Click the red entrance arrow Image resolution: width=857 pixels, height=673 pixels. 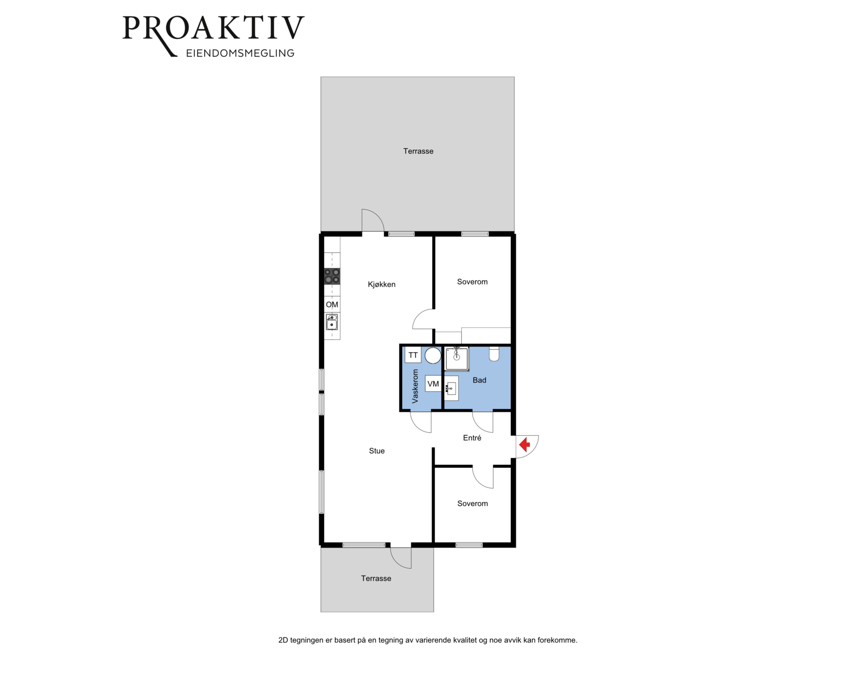pos(524,445)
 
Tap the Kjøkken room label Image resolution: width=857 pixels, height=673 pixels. pos(381,284)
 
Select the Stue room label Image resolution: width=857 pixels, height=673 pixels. pos(377,451)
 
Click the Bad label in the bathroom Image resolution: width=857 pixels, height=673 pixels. pos(479,380)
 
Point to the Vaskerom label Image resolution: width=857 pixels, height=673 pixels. pos(415,386)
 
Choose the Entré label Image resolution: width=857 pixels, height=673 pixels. pos(472,438)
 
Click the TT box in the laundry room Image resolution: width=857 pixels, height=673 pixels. pos(413,355)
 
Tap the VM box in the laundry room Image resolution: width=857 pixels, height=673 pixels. pos(433,383)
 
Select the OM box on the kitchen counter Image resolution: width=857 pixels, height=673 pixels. pos(332,304)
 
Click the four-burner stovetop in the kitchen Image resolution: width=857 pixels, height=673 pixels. pos(332,276)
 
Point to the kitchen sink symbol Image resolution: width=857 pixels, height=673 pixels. pos(332,322)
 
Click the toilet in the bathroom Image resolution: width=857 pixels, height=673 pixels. pos(494,354)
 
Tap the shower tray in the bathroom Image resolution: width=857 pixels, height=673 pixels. pos(456,359)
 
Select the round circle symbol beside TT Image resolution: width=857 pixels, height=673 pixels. pos(433,355)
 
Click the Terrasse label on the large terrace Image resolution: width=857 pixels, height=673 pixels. pos(418,151)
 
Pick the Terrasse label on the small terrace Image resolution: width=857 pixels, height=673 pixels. pos(376,578)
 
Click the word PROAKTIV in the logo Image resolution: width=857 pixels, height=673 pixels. pos(213,28)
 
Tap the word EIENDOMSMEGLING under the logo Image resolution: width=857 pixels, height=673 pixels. pos(240,53)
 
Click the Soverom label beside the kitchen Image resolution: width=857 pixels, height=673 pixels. pos(472,282)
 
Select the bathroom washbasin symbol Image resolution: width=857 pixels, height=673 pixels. pos(451,389)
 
